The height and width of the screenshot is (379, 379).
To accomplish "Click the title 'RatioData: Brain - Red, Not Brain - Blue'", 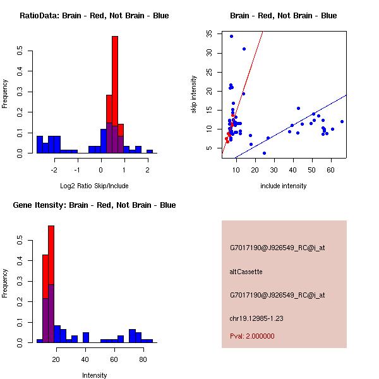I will pos(94,16).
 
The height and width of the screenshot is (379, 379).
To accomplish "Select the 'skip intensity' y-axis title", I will pos(195,95).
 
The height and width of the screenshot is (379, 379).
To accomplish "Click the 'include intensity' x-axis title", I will pos(284,186).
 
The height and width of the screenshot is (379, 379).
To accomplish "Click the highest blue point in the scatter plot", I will pos(231,37).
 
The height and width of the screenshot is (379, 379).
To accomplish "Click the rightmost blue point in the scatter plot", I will pos(342,121).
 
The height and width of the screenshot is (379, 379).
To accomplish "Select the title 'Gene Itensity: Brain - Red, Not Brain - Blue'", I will pos(94,205).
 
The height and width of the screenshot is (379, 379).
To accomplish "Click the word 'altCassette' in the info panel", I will pos(246,272).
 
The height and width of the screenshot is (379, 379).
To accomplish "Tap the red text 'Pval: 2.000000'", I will pos(252,336).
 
